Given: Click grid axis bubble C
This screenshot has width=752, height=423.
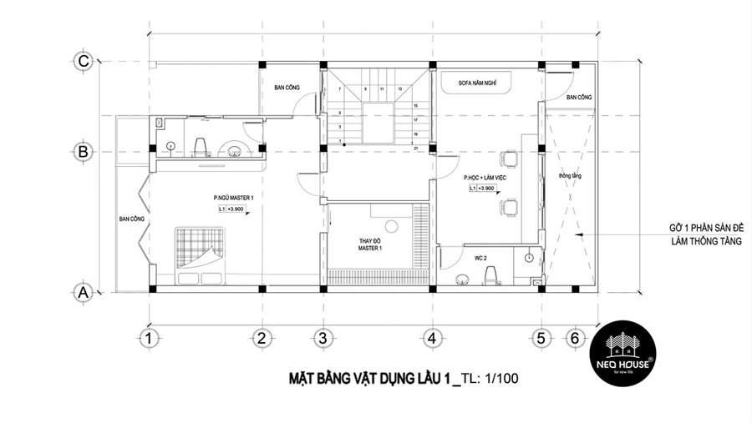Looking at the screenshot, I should click(83, 62).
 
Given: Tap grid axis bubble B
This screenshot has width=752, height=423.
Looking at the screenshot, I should click(83, 152).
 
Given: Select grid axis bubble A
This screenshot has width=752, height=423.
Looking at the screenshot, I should click(83, 292).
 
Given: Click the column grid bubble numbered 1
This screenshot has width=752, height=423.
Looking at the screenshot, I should click(148, 339).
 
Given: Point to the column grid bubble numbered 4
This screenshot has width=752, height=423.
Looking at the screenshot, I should click(431, 339).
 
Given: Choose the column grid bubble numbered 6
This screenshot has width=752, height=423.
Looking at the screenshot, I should click(573, 339).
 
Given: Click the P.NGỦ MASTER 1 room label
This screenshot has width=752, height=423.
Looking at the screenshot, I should click(233, 198).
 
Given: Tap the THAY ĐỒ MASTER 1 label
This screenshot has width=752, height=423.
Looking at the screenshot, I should click(370, 243).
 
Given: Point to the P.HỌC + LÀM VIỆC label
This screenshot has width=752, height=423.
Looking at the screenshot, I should click(485, 178).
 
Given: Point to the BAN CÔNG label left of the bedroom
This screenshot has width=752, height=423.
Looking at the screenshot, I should click(132, 219).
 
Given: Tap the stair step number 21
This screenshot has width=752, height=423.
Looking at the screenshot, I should click(415, 147).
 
